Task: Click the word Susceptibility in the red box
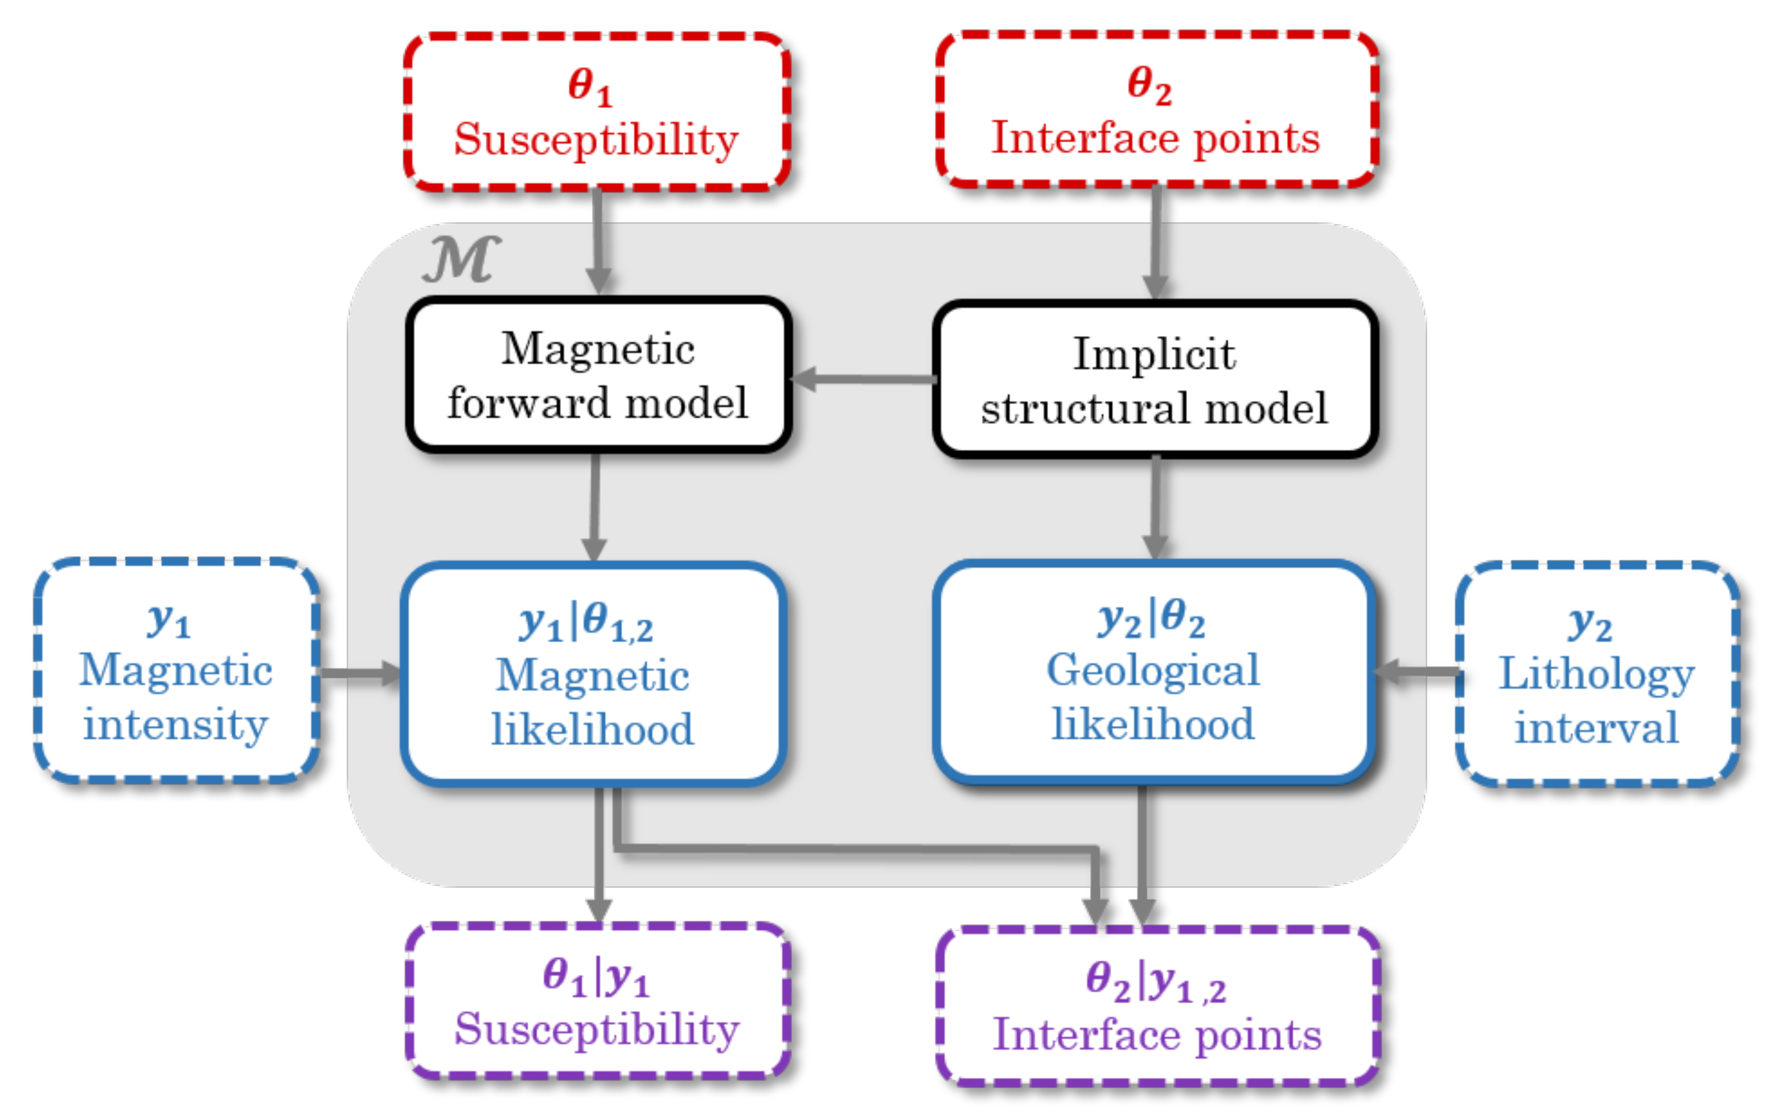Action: point(596,140)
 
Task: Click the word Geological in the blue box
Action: point(1153,670)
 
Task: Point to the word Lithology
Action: point(1596,674)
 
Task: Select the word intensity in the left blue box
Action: point(175,725)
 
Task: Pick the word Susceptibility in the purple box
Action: point(597,1030)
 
